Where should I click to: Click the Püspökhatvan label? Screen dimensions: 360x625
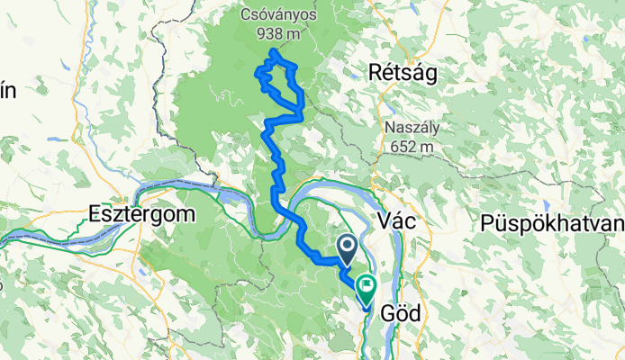(x=552, y=222)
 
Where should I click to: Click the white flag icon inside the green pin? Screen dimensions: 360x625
(x=367, y=287)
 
